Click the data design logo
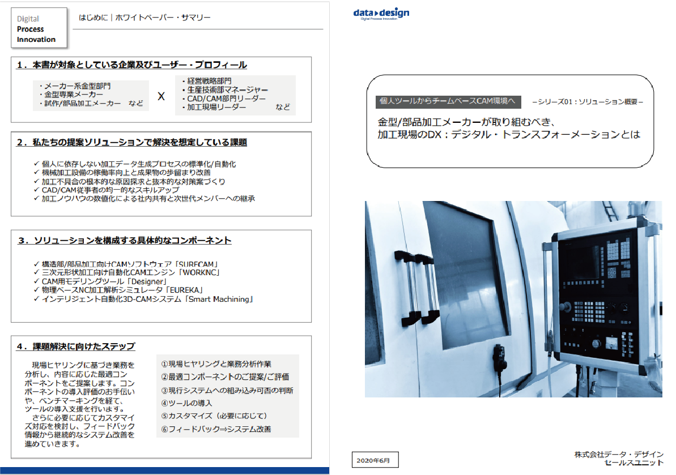point(380,14)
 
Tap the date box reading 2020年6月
point(374,460)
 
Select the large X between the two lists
point(161,97)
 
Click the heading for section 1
point(131,65)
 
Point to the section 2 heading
point(131,143)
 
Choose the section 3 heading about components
point(124,241)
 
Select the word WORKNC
point(199,272)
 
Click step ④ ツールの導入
point(186,403)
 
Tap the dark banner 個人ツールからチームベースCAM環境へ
point(448,102)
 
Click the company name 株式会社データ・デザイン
point(618,455)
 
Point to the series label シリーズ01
point(588,102)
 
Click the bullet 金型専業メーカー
point(71,95)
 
